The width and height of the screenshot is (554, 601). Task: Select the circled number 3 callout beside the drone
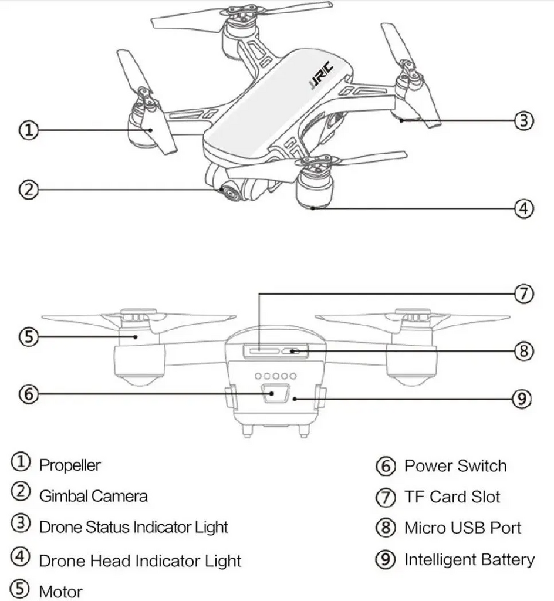(x=524, y=121)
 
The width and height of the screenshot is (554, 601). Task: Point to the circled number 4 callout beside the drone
(x=524, y=208)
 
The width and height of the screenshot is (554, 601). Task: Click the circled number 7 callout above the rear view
(x=524, y=293)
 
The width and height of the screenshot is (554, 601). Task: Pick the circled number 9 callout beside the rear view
(x=522, y=399)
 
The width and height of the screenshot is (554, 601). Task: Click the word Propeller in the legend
(x=70, y=465)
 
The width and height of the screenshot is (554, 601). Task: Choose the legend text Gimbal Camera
(x=93, y=496)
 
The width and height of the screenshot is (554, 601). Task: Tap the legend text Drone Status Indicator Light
(x=133, y=526)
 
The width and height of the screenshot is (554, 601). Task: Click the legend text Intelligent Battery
(x=469, y=559)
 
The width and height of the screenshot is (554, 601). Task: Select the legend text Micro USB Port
(x=462, y=528)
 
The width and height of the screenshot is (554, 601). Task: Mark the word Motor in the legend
(x=60, y=591)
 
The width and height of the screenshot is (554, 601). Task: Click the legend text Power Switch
(x=455, y=466)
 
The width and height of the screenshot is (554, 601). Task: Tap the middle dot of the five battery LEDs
(x=273, y=376)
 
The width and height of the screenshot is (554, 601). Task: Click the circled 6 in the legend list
(x=385, y=467)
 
